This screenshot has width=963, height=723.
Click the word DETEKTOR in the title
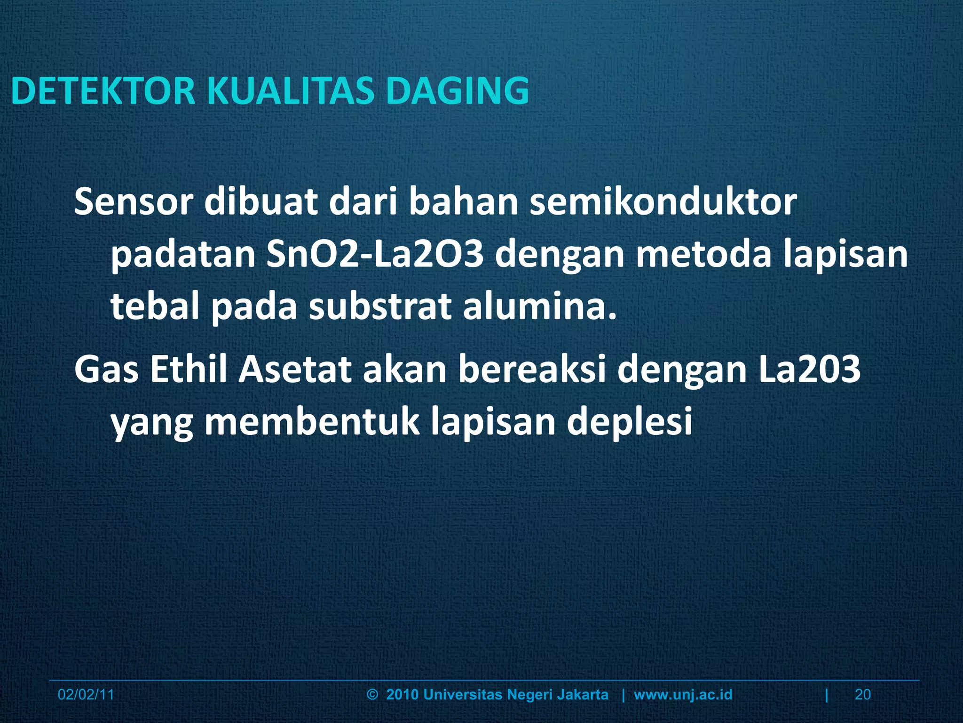click(103, 91)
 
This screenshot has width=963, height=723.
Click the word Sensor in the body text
click(134, 202)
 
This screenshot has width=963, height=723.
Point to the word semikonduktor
click(663, 202)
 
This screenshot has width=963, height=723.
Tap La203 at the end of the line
click(803, 370)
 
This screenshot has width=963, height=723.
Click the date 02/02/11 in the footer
click(86, 695)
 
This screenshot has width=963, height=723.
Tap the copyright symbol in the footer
click(372, 695)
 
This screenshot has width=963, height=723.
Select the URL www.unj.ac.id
click(683, 695)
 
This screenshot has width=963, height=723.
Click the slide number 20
click(863, 695)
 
